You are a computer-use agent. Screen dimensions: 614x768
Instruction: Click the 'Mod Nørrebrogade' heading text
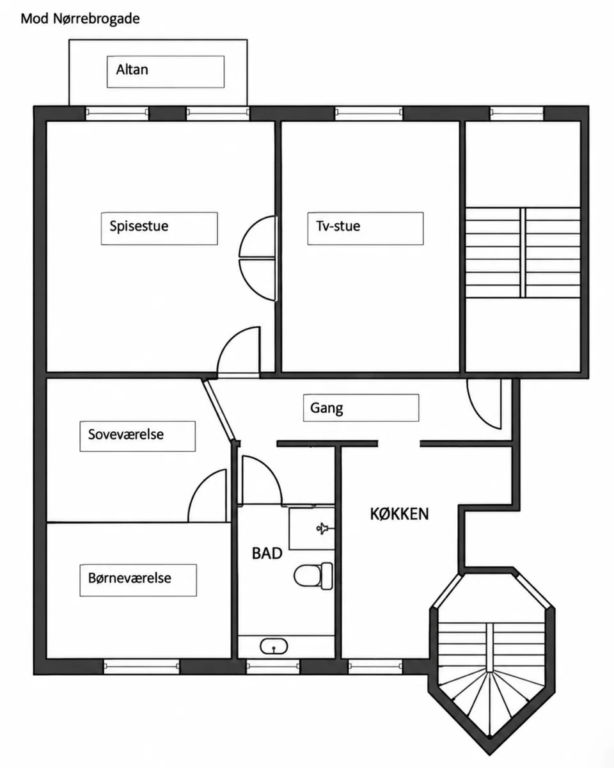click(80, 19)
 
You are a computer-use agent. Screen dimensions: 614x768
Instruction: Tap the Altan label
click(132, 70)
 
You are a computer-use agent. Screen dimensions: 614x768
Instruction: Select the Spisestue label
click(139, 227)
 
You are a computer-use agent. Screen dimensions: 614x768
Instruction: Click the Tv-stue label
click(338, 226)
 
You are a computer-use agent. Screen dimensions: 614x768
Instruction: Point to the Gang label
click(326, 408)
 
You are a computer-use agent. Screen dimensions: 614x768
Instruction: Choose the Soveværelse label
click(126, 435)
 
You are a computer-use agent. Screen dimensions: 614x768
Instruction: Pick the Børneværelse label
click(129, 578)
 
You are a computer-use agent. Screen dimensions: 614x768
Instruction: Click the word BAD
click(267, 554)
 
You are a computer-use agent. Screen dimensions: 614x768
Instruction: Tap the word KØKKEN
click(399, 514)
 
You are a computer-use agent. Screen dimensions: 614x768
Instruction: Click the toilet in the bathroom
click(313, 576)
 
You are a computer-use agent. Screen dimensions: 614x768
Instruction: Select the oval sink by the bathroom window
click(274, 646)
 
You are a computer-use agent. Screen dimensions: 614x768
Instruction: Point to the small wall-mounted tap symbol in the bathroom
click(324, 529)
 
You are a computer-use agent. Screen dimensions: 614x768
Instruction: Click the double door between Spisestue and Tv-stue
click(258, 258)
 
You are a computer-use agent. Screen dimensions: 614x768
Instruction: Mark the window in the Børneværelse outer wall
click(141, 666)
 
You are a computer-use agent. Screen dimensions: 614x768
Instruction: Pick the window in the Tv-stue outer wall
click(369, 113)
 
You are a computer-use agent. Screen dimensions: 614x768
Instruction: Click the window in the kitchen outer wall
click(375, 666)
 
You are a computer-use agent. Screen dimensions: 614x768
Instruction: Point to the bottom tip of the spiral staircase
click(489, 755)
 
